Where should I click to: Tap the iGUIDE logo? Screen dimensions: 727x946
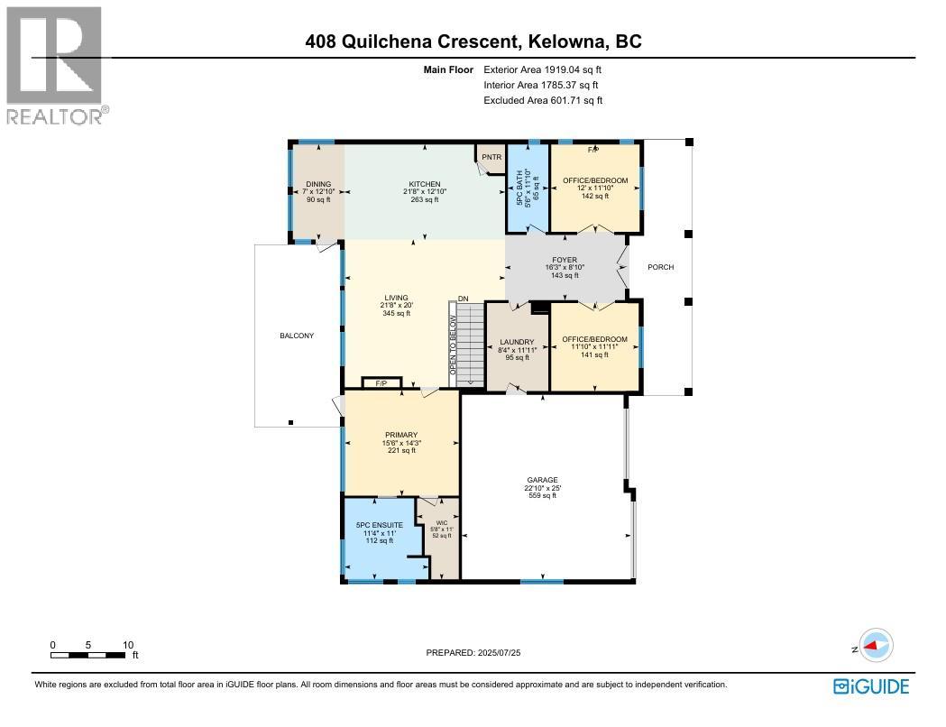pyautogui.click(x=870, y=686)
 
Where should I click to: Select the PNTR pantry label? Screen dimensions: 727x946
pyautogui.click(x=491, y=157)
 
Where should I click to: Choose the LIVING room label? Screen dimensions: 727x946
pyautogui.click(x=396, y=298)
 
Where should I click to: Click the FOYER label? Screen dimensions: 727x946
pyautogui.click(x=564, y=261)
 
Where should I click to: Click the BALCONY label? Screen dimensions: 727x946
pyautogui.click(x=297, y=336)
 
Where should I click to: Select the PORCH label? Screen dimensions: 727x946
pyautogui.click(x=660, y=267)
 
